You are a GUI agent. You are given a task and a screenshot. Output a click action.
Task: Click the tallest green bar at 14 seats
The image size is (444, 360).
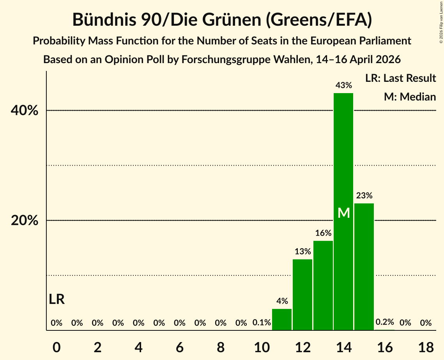click(x=343, y=212)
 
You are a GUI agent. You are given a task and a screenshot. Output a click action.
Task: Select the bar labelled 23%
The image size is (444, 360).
click(x=364, y=266)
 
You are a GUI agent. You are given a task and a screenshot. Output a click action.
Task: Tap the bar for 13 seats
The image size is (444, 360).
click(x=323, y=286)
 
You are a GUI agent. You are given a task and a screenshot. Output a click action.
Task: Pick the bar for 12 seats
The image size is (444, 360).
click(x=302, y=295)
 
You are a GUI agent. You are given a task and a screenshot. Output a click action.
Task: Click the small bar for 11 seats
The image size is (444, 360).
click(x=282, y=319)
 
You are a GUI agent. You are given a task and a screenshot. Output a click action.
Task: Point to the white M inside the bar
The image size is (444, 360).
click(x=344, y=213)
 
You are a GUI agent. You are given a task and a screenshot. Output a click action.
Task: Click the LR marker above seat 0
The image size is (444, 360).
click(x=57, y=299)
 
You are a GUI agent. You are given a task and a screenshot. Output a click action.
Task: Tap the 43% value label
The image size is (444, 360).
click(x=344, y=85)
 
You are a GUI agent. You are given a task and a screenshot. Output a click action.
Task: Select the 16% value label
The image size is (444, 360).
click(x=323, y=233)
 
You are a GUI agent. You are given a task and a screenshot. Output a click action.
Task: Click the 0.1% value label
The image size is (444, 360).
click(x=262, y=322)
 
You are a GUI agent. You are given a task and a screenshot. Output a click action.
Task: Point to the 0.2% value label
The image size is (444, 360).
click(x=385, y=322)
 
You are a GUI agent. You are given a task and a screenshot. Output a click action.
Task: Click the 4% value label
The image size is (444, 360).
click(x=282, y=301)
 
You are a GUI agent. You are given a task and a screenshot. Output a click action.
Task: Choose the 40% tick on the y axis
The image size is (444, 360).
click(x=24, y=110)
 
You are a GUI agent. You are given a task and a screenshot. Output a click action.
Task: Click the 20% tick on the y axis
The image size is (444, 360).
click(x=24, y=220)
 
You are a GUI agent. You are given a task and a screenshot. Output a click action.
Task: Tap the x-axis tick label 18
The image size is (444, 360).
click(x=426, y=347)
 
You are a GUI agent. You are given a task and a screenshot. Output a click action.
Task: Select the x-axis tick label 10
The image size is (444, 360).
click(x=262, y=347)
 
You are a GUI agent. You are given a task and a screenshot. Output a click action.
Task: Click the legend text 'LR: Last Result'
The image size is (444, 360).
click(x=400, y=78)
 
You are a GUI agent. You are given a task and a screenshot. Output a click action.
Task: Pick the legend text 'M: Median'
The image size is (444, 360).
click(x=410, y=97)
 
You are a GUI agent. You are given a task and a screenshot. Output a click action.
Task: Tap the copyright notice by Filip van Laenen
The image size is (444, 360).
click(x=441, y=22)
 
